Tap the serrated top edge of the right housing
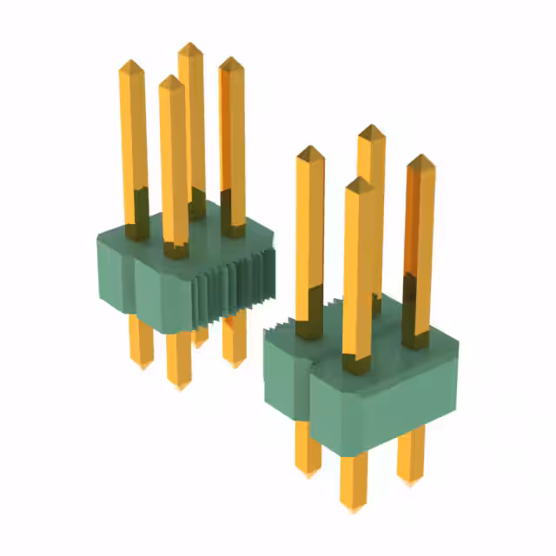coord(287,326)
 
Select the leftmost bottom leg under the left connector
coord(139,343)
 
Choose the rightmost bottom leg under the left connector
coord(233,343)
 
